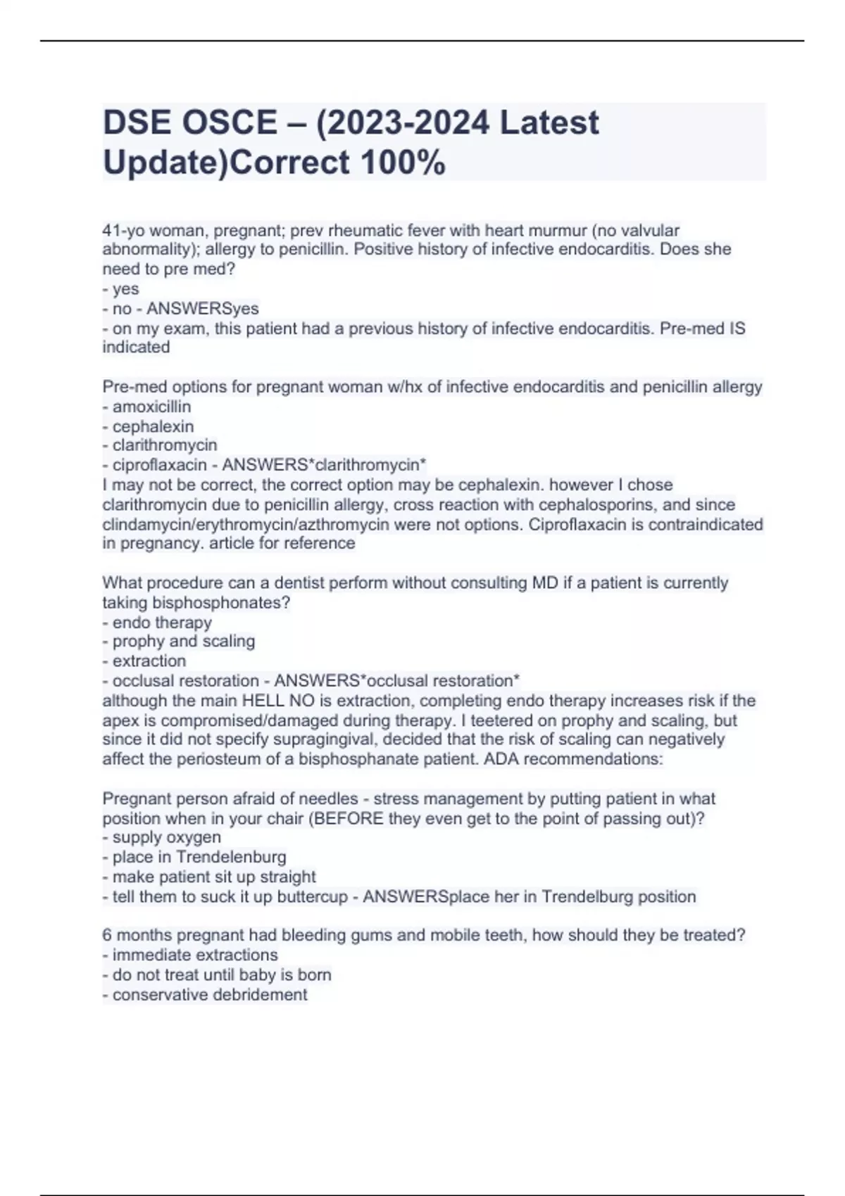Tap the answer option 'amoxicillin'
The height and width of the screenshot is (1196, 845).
click(151, 407)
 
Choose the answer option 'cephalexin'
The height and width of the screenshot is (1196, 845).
click(153, 426)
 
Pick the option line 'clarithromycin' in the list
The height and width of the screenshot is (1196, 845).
click(165, 445)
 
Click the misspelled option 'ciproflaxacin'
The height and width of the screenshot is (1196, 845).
click(160, 465)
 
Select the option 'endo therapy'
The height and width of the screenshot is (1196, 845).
click(162, 623)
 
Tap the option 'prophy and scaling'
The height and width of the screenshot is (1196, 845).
click(183, 641)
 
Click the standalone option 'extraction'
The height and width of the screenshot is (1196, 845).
click(149, 661)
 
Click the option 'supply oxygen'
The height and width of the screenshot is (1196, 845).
click(166, 837)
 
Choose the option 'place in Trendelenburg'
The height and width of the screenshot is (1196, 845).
click(199, 857)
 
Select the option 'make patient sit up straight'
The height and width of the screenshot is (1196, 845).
click(214, 877)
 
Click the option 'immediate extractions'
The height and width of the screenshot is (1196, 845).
click(195, 955)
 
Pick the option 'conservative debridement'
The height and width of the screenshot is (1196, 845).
click(210, 994)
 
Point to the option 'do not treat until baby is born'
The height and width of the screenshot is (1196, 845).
click(222, 974)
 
